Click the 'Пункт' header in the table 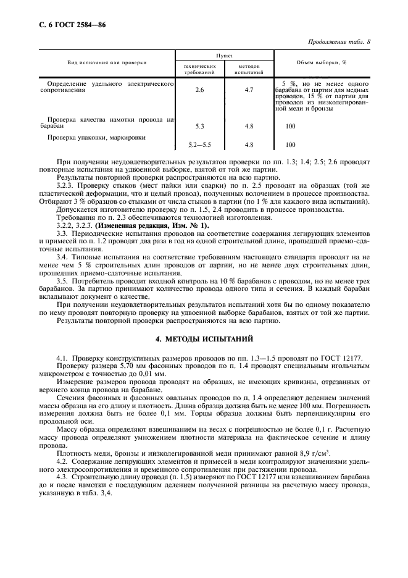pos(223,55)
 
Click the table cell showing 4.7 pos(249,90)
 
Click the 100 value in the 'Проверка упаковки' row pos(290,145)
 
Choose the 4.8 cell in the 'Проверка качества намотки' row pos(249,126)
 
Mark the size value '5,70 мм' pos(113,365)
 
